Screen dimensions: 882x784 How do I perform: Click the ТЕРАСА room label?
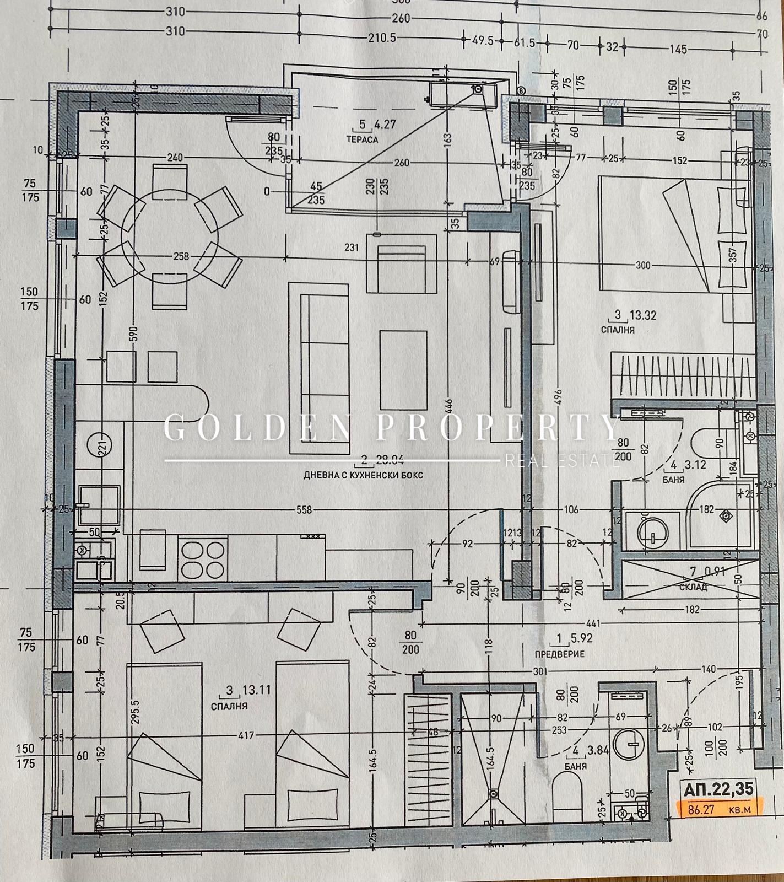point(362,139)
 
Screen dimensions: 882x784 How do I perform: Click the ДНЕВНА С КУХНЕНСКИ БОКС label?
point(363,475)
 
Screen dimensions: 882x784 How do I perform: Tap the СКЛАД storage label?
point(693,587)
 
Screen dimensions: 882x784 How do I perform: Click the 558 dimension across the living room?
point(304,510)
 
